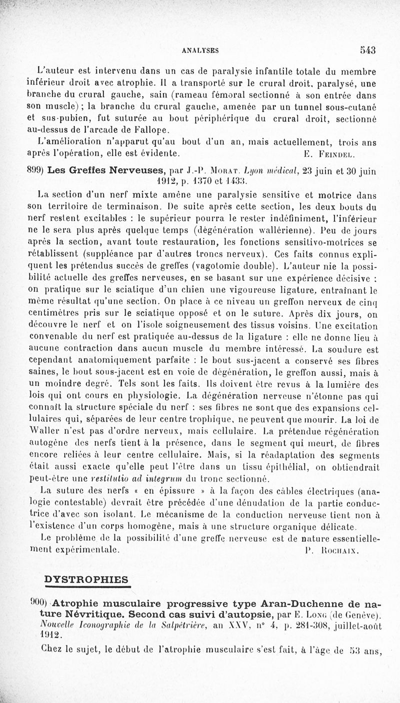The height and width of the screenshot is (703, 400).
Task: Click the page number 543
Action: pos(366,49)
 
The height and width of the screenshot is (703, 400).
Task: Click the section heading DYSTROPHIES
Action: pos(86,580)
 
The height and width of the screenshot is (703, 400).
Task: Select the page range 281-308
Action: pos(298,626)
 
